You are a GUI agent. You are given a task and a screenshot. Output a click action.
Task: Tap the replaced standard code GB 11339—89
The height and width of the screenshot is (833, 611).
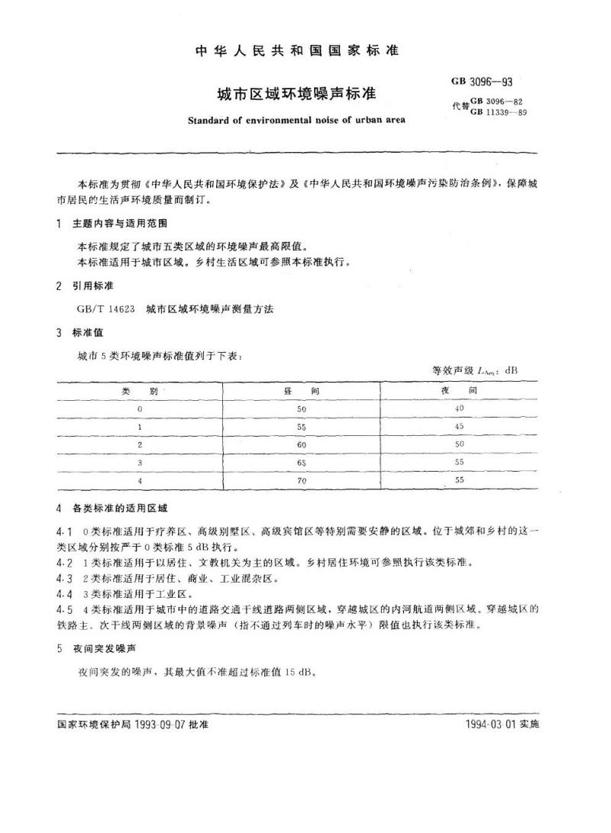(499, 112)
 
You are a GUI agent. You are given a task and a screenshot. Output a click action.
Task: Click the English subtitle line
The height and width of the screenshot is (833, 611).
(296, 119)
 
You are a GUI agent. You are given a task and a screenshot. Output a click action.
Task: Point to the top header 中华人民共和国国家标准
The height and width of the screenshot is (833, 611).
(297, 51)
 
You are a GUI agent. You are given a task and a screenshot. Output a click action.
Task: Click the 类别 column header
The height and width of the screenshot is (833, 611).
(139, 390)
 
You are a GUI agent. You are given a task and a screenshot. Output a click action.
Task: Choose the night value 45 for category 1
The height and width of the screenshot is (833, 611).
(458, 426)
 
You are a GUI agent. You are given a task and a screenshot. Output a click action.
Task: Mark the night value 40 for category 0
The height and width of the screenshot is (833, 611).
(458, 408)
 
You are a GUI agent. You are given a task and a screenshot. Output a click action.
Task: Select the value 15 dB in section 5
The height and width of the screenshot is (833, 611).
(299, 673)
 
